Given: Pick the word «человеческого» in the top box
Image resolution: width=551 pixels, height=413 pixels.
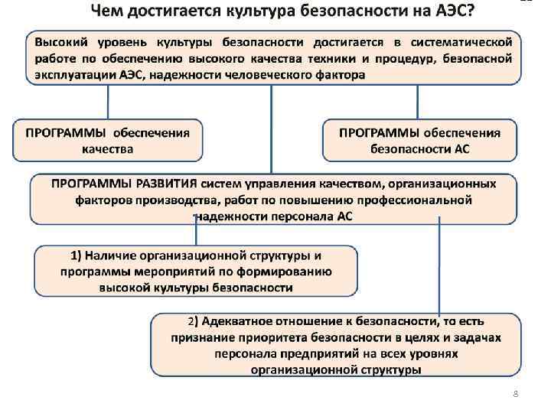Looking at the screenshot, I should click(269, 75).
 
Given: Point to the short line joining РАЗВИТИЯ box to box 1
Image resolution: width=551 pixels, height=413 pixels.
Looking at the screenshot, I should click(194, 234).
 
